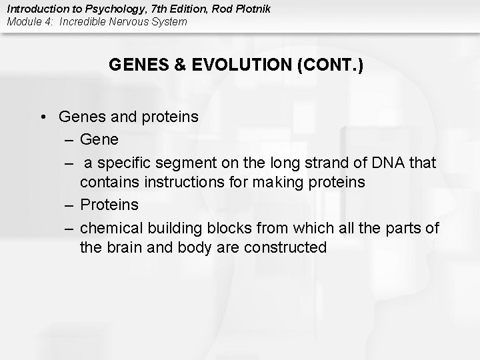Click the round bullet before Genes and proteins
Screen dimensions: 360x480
42,117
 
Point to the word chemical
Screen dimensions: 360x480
111,227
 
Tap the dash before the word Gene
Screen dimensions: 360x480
70,139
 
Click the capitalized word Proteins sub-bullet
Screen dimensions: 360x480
109,205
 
